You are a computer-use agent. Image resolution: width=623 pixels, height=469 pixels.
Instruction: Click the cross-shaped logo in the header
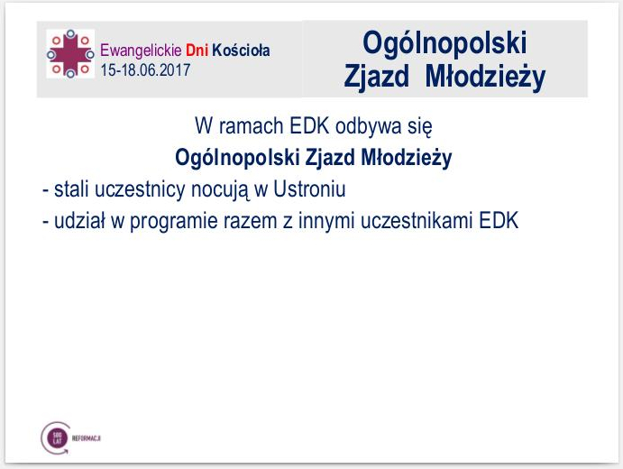[x=70, y=53]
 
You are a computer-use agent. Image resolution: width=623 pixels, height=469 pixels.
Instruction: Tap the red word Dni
[x=197, y=50]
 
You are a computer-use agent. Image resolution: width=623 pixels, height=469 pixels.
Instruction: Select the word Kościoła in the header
[x=241, y=50]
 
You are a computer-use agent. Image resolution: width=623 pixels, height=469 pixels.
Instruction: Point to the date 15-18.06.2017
[x=145, y=68]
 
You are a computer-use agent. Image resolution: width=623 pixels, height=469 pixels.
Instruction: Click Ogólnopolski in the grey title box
[x=444, y=42]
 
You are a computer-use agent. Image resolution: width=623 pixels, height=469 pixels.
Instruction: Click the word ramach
[x=251, y=127]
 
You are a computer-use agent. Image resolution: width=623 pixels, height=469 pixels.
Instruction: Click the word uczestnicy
[x=132, y=190]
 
